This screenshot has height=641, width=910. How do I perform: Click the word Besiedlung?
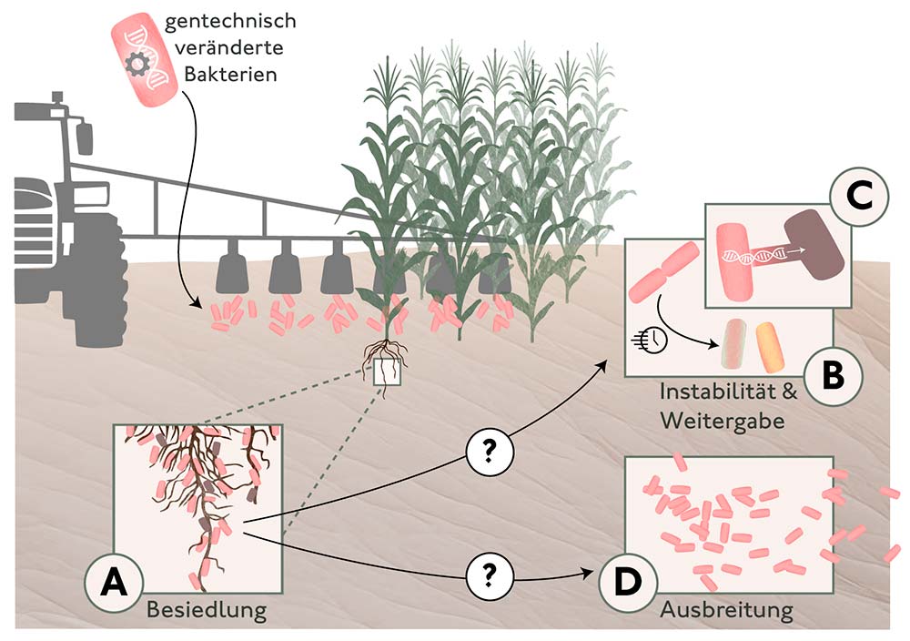pyautogui.click(x=207, y=609)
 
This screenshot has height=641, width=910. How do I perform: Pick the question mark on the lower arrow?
pyautogui.click(x=490, y=575)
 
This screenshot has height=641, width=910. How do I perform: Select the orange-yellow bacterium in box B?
pyautogui.click(x=768, y=347)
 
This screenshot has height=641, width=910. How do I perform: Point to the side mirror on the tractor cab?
pyautogui.click(x=85, y=137)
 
